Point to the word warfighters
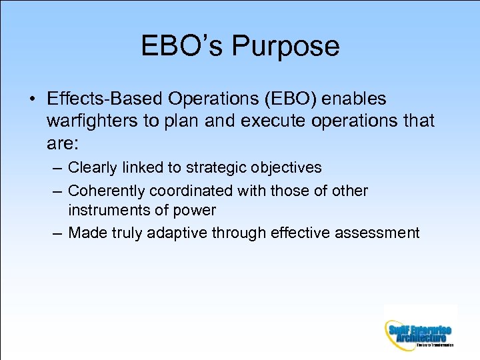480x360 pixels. click(88, 121)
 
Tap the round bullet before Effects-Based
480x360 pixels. click(33, 99)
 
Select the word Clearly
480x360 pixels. click(93, 167)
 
